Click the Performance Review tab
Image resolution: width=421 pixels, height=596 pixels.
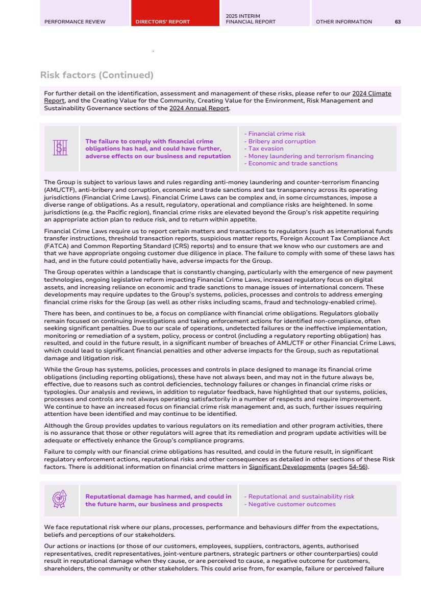(75, 21)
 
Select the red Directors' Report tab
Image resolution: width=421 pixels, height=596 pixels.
(163, 21)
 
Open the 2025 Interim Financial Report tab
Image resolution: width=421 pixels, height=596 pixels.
(251, 19)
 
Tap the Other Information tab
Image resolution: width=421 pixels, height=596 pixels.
(344, 21)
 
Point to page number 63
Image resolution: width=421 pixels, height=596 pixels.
(398, 21)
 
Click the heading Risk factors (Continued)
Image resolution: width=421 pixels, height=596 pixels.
(96, 75)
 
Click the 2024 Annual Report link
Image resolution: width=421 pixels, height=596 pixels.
(199, 108)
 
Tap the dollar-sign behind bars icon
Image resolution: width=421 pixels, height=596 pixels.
(61, 148)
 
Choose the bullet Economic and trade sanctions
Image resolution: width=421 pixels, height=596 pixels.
(292, 164)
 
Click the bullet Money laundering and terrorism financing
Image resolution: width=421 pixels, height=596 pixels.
(310, 156)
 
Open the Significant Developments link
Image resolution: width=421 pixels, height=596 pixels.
(287, 467)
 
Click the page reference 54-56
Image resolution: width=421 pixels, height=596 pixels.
(357, 467)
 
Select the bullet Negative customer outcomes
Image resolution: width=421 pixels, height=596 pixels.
(291, 504)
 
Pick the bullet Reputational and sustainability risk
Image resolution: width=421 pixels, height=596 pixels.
(301, 496)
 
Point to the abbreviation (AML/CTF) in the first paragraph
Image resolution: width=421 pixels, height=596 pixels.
(61, 189)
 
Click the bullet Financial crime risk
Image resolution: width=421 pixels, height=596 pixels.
(276, 134)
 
